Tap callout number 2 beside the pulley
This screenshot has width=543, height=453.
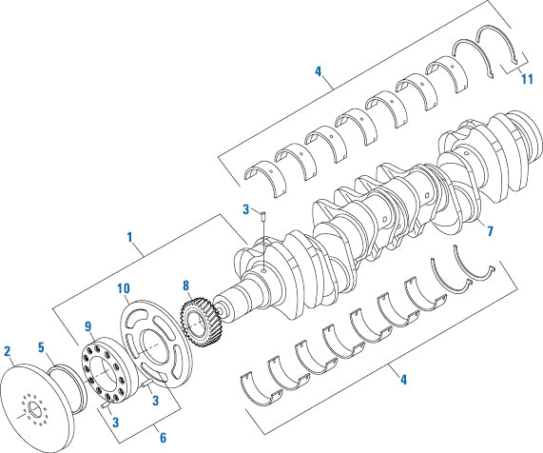pyautogui.click(x=9, y=351)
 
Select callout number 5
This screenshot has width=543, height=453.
pyautogui.click(x=40, y=347)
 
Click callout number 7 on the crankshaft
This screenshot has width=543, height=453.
pyautogui.click(x=490, y=231)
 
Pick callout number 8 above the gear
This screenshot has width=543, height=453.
pyautogui.click(x=186, y=285)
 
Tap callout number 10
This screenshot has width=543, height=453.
pyautogui.click(x=124, y=288)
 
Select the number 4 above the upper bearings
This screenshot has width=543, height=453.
pyautogui.click(x=319, y=71)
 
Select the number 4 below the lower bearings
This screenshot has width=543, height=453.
pyautogui.click(x=403, y=381)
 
